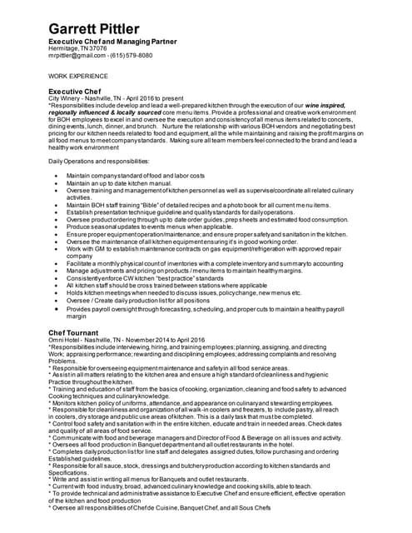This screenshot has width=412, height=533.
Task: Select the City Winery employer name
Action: [68, 99]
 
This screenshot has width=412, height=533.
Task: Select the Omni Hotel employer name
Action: [66, 340]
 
